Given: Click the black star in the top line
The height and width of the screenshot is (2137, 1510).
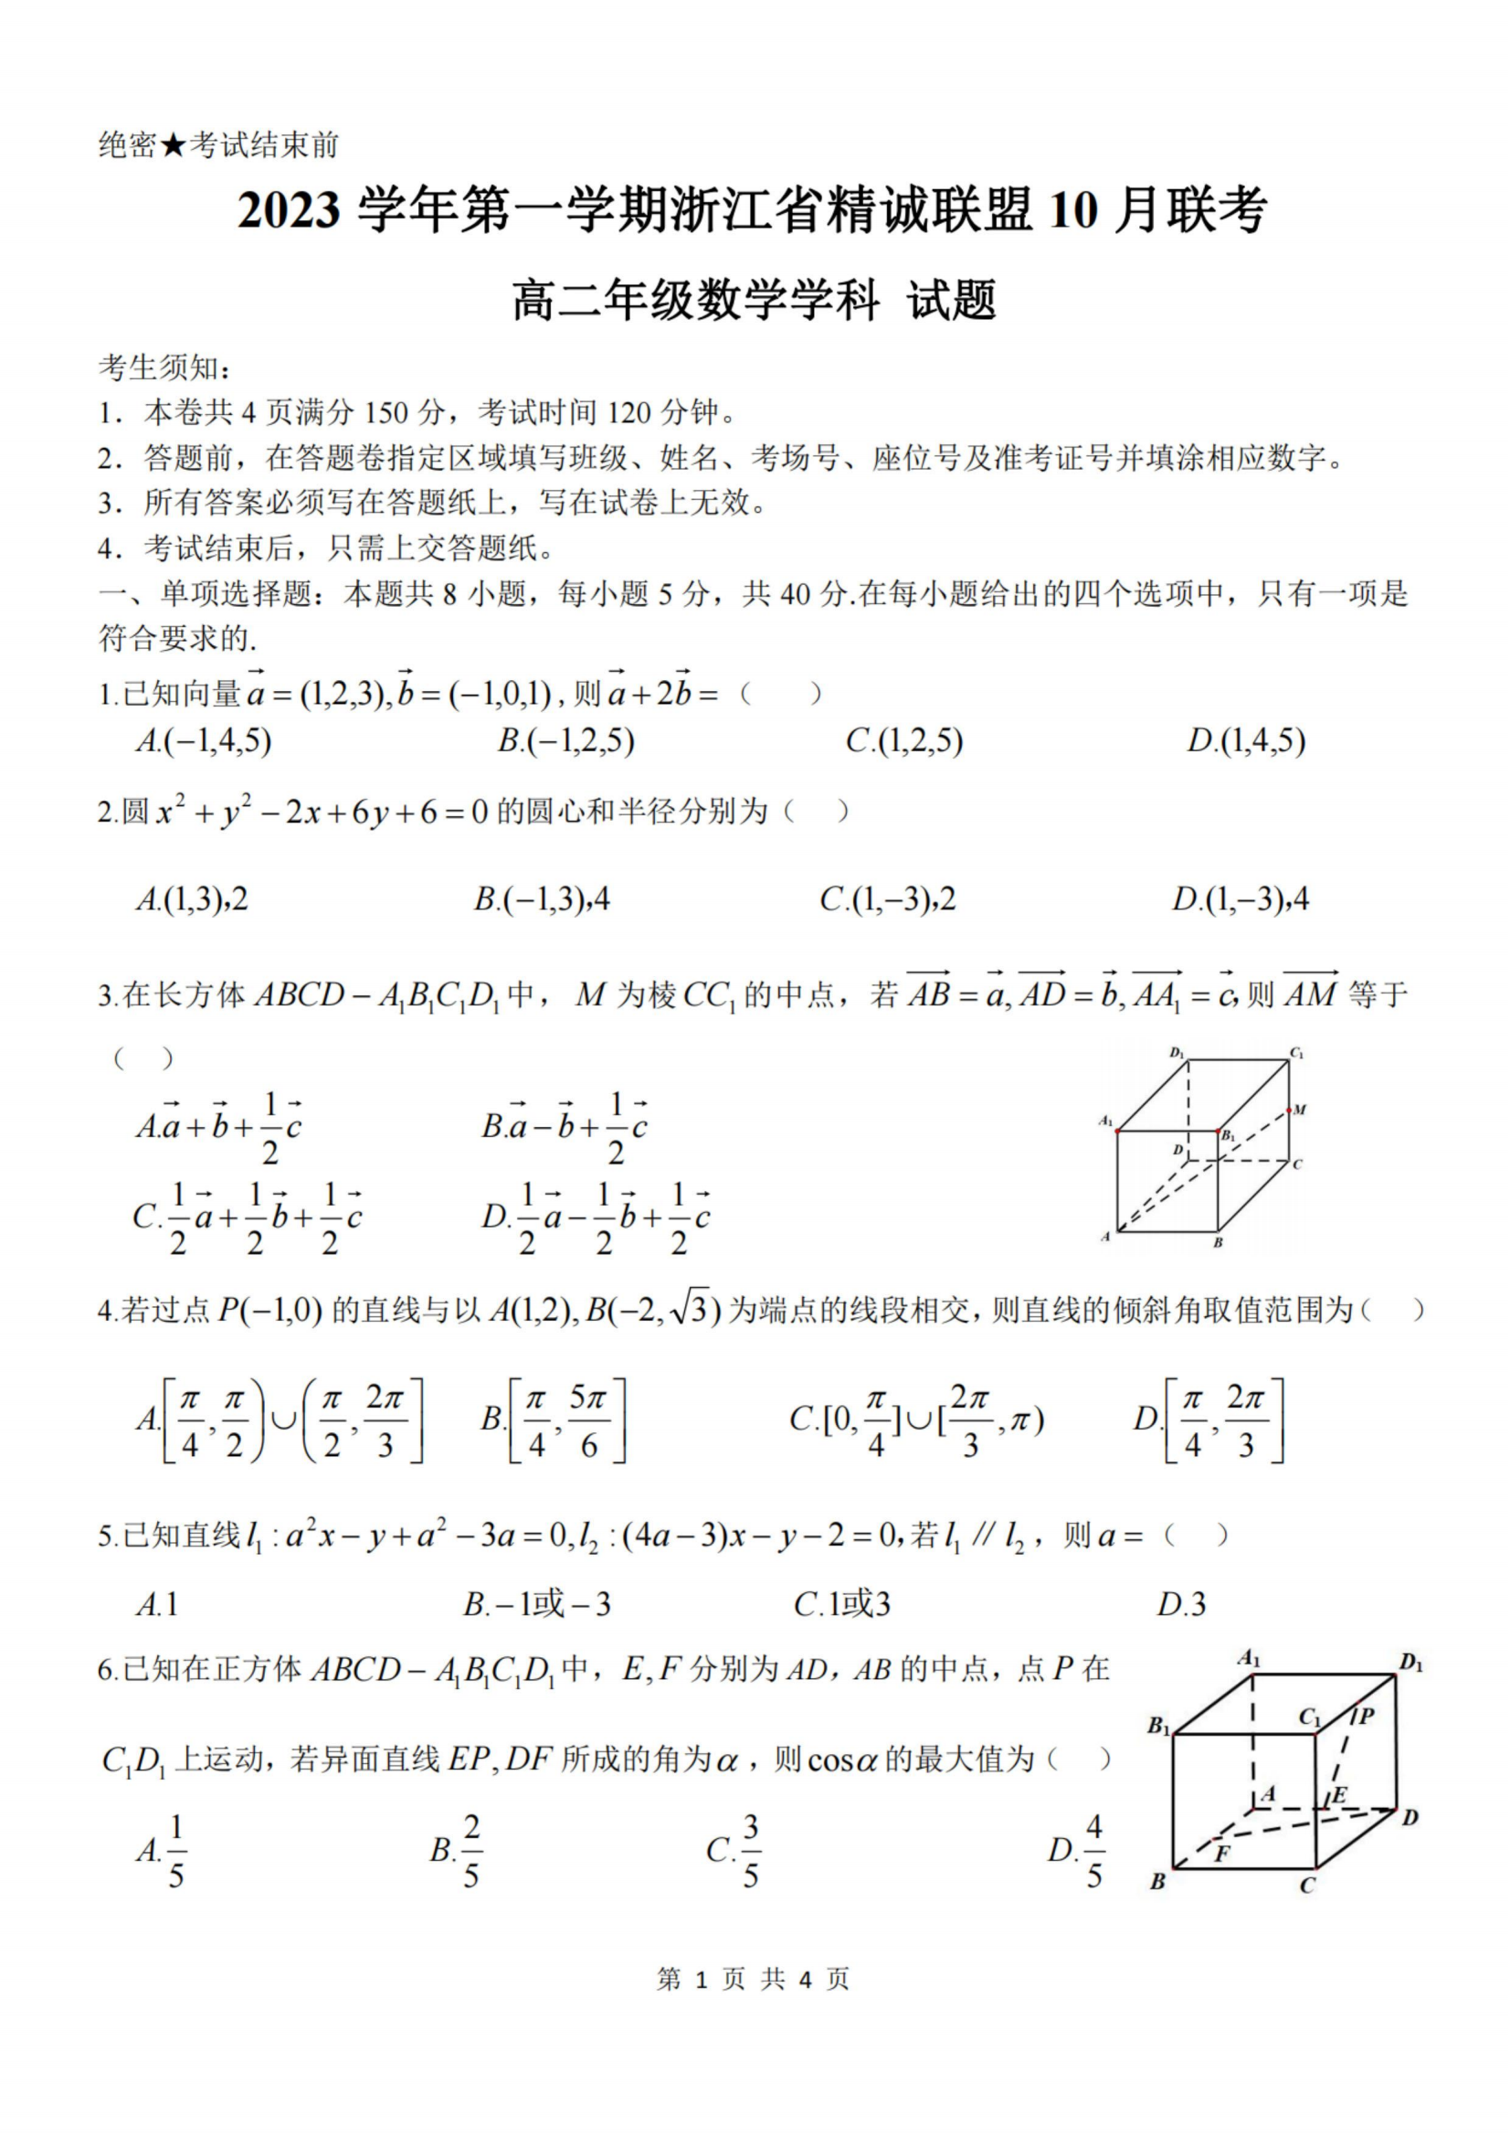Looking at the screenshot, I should point(174,145).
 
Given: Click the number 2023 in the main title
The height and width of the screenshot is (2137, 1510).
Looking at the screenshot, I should point(289,210).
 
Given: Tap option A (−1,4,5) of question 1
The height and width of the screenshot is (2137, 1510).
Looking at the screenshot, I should point(204,741).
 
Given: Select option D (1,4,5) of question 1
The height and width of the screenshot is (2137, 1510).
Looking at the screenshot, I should point(1246,741).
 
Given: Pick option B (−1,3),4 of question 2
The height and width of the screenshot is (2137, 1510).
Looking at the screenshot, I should point(542,899).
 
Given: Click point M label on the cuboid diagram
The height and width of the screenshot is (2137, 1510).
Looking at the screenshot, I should point(1300,1110).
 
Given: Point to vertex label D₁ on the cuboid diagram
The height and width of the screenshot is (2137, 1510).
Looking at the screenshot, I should point(1177,1054).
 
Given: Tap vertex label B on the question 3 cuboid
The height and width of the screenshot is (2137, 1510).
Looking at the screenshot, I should point(1218,1242).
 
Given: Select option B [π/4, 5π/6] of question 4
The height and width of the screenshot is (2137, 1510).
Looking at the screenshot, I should point(554,1419).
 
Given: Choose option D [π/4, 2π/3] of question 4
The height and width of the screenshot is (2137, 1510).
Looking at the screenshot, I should point(1209,1419).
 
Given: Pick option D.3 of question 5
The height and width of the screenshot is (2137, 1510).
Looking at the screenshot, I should point(1180,1604).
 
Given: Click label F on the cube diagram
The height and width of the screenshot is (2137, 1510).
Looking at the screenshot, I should point(1222,1853).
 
